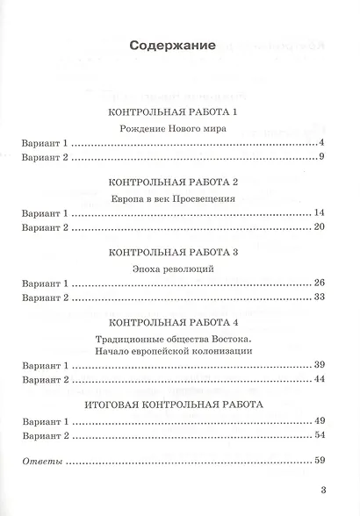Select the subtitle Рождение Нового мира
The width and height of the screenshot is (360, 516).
pyautogui.click(x=178, y=129)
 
